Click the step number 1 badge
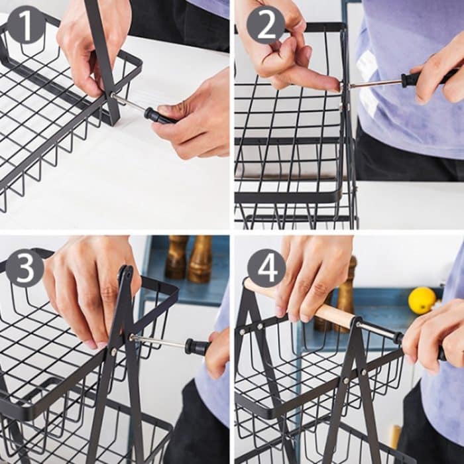click(26, 25)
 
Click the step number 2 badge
click(266, 25)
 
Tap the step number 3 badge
click(25, 268)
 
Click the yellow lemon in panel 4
click(422, 300)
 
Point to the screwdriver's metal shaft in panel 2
click(375, 84)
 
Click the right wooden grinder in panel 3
click(200, 259)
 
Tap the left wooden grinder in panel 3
click(177, 257)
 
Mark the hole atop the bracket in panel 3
click(125, 272)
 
